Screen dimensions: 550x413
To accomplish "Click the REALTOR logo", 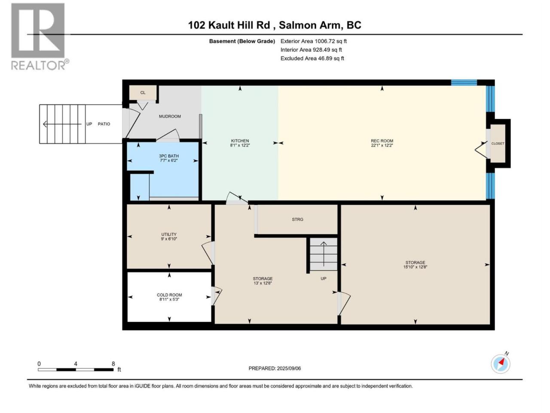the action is [40, 37].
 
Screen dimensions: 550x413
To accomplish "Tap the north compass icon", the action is [501, 364].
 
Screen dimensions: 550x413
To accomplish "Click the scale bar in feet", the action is [76, 370].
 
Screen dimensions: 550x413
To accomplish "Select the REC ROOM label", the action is [382, 141].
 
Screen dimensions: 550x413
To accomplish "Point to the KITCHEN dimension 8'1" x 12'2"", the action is [240, 145].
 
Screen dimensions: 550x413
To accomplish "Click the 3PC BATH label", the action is [168, 156].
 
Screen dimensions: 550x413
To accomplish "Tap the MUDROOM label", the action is [170, 116].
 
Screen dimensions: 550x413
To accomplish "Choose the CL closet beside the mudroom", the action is [143, 92].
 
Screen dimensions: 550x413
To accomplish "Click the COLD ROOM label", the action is [169, 295].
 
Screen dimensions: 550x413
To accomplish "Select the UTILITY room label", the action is [169, 234].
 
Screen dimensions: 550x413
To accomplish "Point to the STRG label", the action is [297, 219].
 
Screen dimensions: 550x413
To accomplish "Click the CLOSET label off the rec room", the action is [498, 143].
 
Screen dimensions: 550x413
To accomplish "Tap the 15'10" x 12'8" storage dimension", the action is [415, 267].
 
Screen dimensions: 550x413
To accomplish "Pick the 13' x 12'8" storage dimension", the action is [263, 283].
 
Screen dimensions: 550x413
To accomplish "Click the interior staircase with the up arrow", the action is [324, 254].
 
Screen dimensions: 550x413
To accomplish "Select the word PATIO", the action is [104, 124].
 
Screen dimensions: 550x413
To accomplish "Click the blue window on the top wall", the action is [464, 83].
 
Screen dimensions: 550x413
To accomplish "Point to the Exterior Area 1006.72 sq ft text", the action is [314, 41].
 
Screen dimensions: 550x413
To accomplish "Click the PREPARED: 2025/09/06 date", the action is [275, 368].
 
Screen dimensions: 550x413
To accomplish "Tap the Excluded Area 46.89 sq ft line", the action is [312, 59].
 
